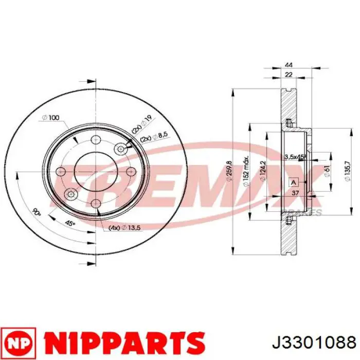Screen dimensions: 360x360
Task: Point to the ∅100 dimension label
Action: tap(50, 118)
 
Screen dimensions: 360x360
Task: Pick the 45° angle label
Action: tap(69, 223)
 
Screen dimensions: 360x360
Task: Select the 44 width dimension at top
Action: tap(289, 65)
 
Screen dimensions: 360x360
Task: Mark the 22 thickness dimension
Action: tap(289, 76)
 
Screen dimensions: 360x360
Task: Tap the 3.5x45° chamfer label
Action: tap(296, 156)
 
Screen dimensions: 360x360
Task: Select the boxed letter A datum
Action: tap(294, 182)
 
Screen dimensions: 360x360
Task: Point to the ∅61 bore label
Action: tap(327, 171)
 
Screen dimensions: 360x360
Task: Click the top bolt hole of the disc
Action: tap(95, 140)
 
